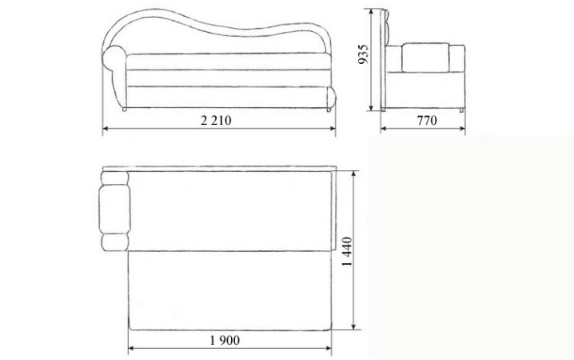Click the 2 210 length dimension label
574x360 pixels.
pyautogui.click(x=216, y=120)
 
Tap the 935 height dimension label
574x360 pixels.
pyautogui.click(x=363, y=54)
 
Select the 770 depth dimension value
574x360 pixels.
pyautogui.click(x=427, y=120)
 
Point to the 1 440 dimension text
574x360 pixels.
pyautogui.click(x=347, y=251)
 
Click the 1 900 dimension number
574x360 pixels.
pyautogui.click(x=225, y=341)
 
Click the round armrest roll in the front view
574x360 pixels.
pyautogui.click(x=114, y=58)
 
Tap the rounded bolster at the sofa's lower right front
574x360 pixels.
pyautogui.click(x=331, y=98)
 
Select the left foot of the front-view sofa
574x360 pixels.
pyautogui.click(x=124, y=109)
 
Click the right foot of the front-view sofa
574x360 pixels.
pyautogui.click(x=329, y=110)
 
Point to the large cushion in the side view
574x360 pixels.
pyautogui.click(x=425, y=58)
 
